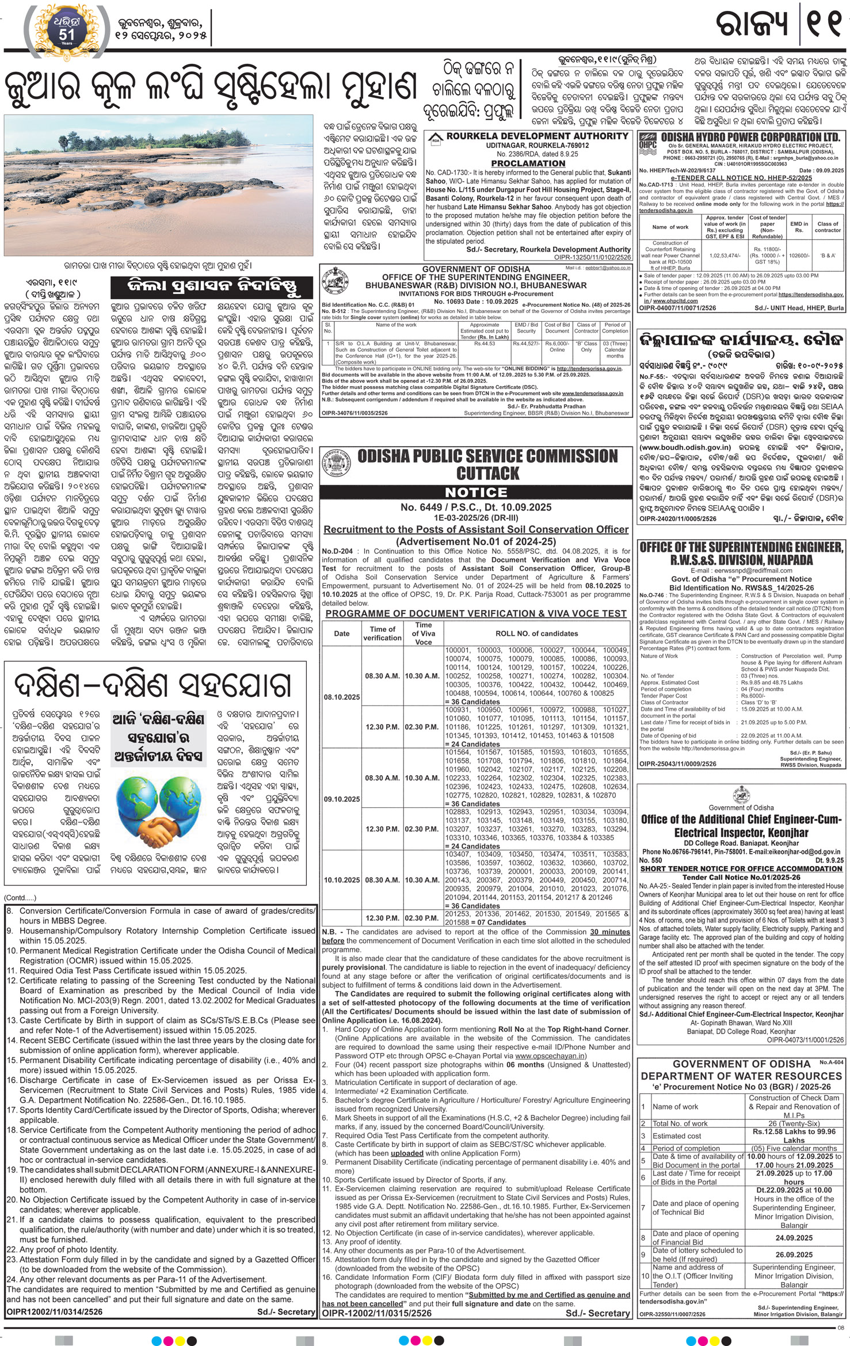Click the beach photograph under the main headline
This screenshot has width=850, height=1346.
tap(158, 185)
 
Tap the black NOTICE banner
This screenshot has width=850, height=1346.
tap(475, 493)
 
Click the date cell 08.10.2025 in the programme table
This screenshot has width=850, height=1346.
tap(341, 697)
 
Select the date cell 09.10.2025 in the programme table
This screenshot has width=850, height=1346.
tap(341, 799)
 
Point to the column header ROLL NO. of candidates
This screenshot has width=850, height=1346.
tap(536, 634)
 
